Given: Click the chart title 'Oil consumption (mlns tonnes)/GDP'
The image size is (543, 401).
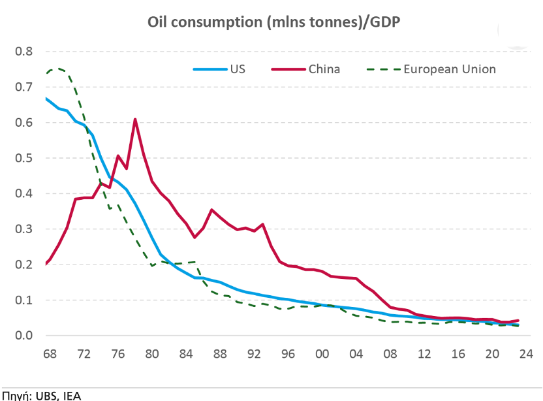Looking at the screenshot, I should coord(273,23).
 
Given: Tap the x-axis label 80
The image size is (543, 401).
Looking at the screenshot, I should coord(151,355).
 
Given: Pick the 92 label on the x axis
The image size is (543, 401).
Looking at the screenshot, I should coord(254,355).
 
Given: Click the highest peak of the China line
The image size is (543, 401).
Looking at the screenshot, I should coord(134,119).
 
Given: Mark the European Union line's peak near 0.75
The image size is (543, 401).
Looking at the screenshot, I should coord(57,67).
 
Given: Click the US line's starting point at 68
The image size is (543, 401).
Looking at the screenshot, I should coord(46,99).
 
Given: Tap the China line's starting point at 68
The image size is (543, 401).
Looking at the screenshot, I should coord(46,264).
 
